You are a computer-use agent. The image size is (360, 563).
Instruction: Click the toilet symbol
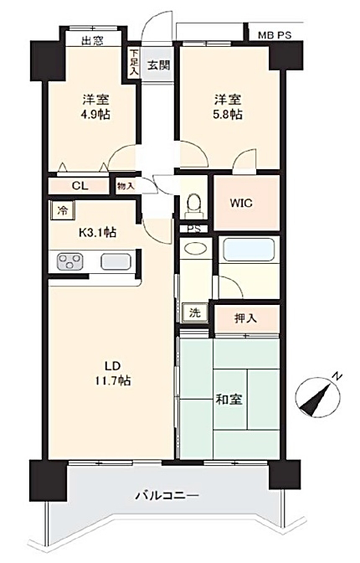point(194,206)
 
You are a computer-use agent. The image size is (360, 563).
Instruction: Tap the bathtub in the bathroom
point(249,250)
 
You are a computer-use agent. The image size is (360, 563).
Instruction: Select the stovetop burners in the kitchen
point(70,261)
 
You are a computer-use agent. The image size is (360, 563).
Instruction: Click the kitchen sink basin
point(116,261)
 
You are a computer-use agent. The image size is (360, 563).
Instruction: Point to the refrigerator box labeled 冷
point(63,210)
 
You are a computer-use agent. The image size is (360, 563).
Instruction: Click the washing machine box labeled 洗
point(195,312)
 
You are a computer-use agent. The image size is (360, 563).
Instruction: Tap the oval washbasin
point(195,248)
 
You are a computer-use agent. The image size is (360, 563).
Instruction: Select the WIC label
point(241,203)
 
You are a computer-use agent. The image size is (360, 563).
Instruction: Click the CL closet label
point(80,186)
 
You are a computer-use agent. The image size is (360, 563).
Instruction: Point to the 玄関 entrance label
point(158,65)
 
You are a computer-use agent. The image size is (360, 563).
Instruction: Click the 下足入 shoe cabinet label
point(133,62)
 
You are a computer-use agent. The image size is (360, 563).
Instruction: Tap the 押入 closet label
point(246,318)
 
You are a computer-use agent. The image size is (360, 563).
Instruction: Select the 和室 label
point(229,400)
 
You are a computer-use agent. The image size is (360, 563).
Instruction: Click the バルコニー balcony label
point(167,496)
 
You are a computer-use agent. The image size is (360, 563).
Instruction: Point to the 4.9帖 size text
point(95,115)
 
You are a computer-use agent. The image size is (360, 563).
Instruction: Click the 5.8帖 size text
point(228,115)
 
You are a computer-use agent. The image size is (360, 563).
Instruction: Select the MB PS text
point(275,35)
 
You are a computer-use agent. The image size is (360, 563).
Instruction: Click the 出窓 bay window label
point(93,41)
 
